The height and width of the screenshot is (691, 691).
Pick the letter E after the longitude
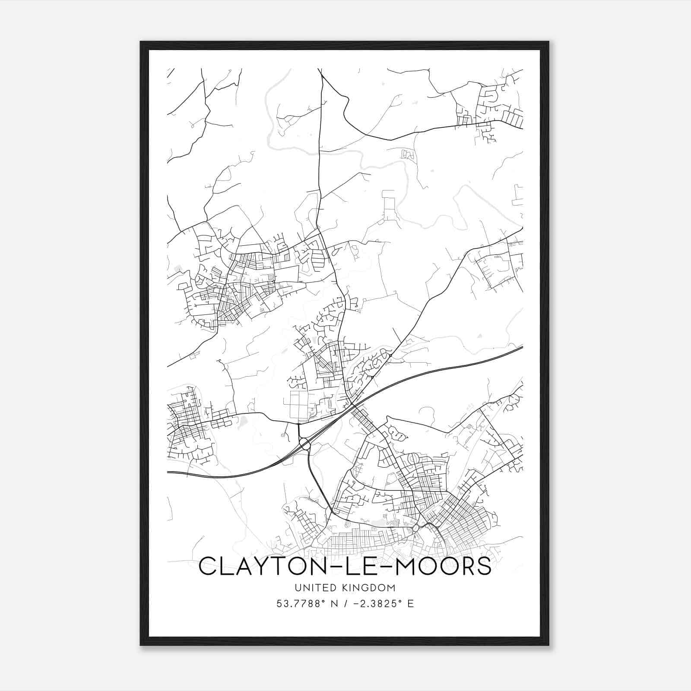[x=410, y=603]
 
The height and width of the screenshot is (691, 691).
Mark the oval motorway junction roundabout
[x=304, y=443]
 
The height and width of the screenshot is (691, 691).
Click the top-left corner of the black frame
[x=141, y=42]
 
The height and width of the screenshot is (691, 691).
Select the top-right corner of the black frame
[x=548, y=42]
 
